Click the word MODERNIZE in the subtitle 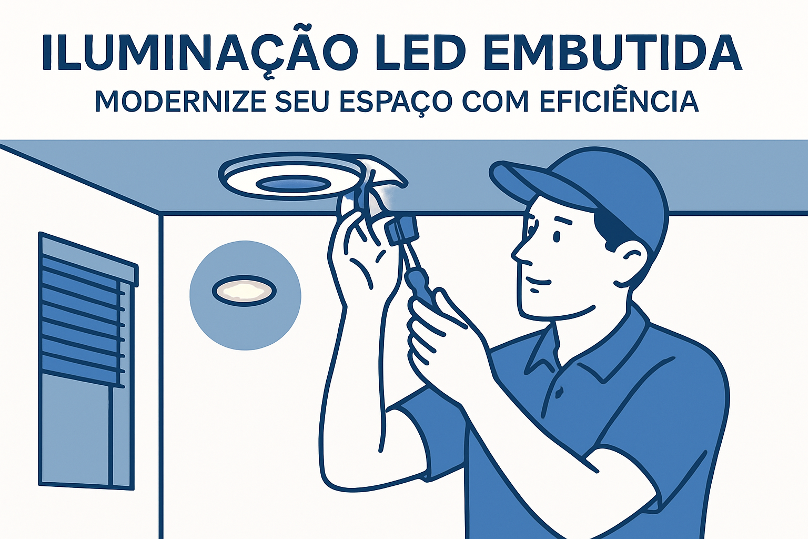180,101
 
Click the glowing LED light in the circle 244,291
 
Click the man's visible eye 557,236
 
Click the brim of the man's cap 538,184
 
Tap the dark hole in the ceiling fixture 294,184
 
